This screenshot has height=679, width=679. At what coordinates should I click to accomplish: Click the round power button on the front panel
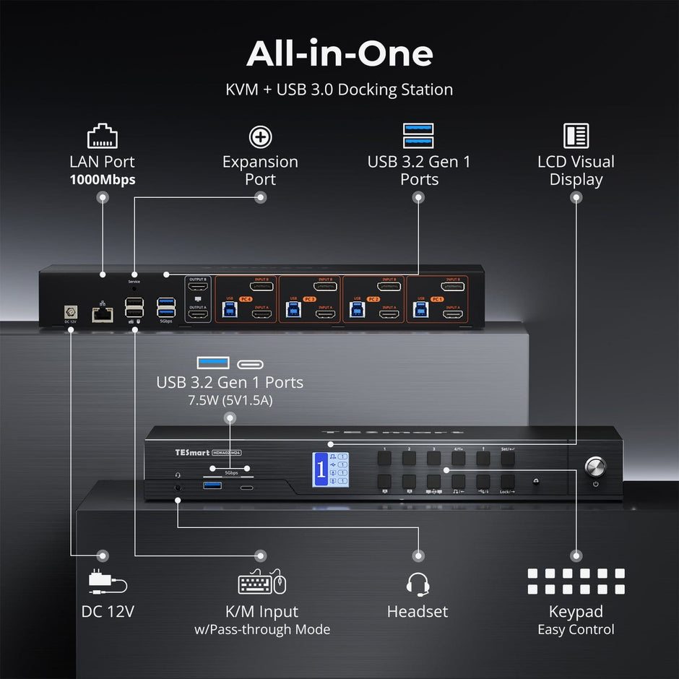pos(594,464)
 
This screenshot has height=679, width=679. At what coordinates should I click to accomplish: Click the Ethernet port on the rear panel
pos(102,313)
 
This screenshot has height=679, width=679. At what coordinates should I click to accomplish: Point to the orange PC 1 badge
pos(437,298)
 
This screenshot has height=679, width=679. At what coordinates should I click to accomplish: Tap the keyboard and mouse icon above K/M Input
pos(261,582)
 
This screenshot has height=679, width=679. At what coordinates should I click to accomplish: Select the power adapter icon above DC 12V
pos(107,582)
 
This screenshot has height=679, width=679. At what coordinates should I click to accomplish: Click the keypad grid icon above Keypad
pos(576,581)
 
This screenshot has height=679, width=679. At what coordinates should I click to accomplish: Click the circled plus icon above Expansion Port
pos(260,136)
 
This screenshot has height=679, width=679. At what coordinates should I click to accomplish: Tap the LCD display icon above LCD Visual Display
pos(576,136)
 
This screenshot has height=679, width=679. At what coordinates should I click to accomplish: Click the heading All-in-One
pos(339,53)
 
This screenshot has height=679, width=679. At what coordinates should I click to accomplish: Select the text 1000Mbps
pos(102,180)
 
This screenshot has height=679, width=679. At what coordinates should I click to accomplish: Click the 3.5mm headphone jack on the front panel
pos(178,488)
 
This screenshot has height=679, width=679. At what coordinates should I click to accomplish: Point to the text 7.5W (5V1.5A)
pos(230,399)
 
